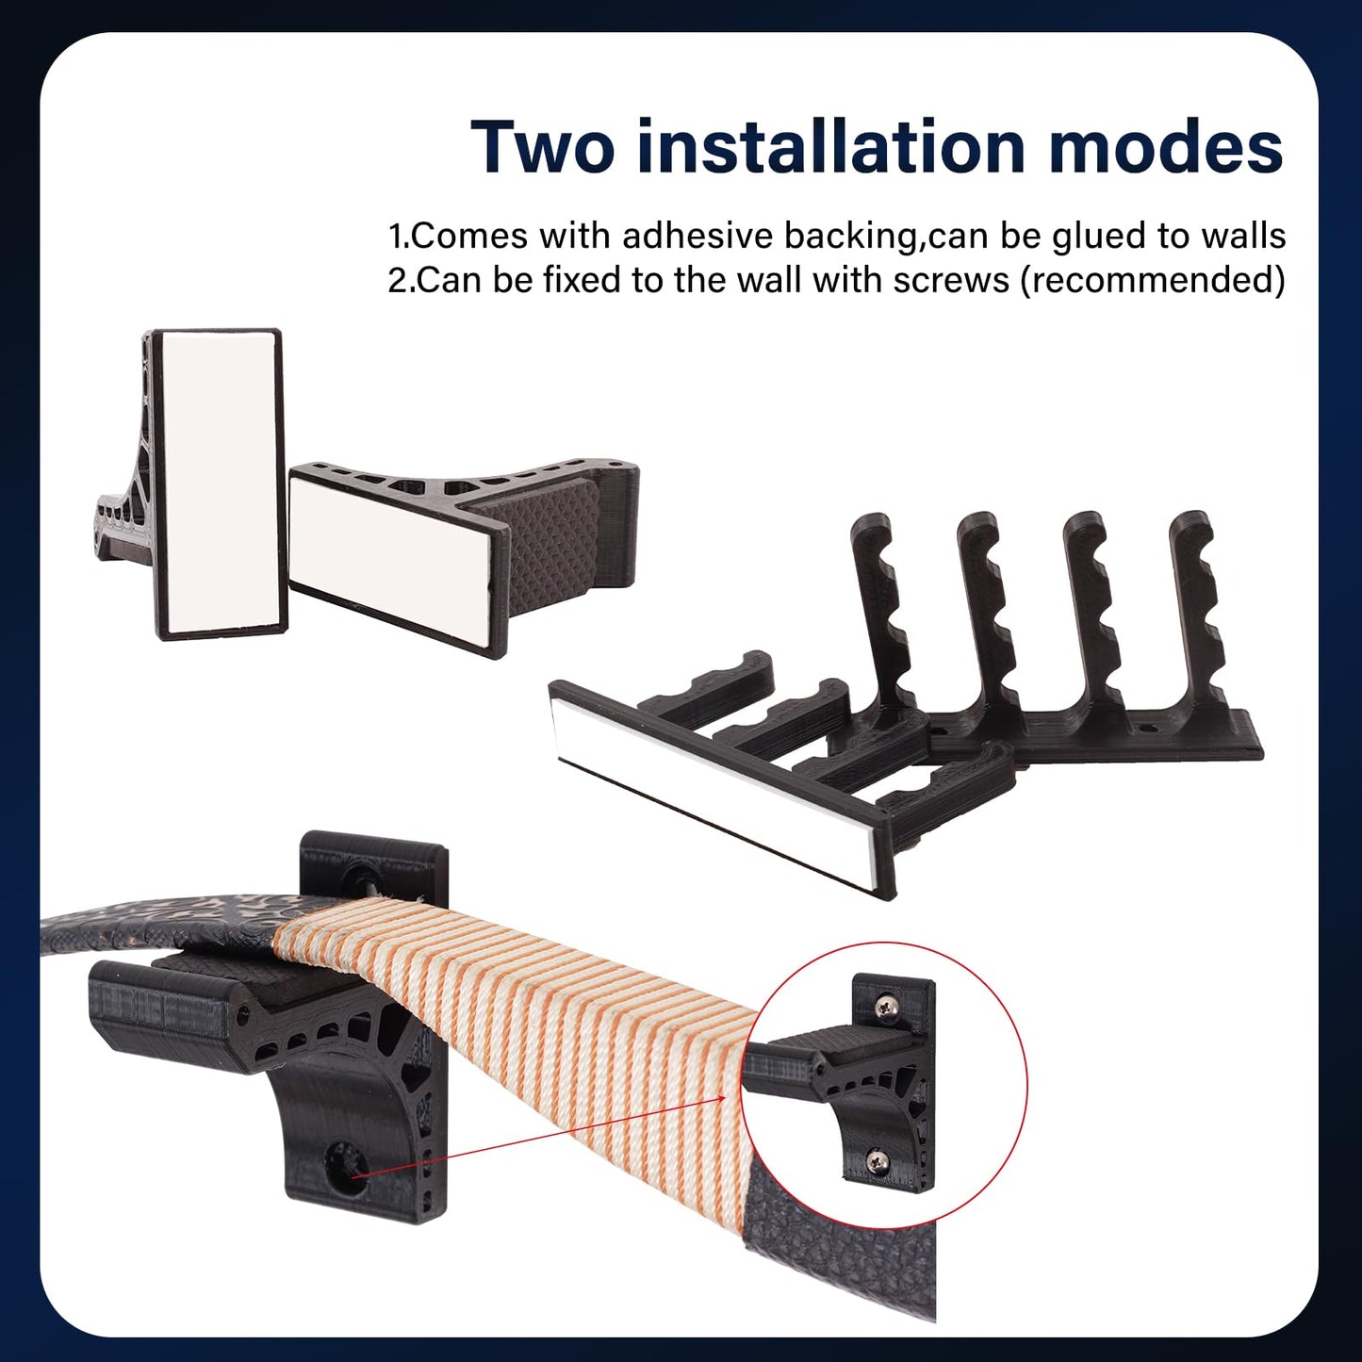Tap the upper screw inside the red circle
886,1009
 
